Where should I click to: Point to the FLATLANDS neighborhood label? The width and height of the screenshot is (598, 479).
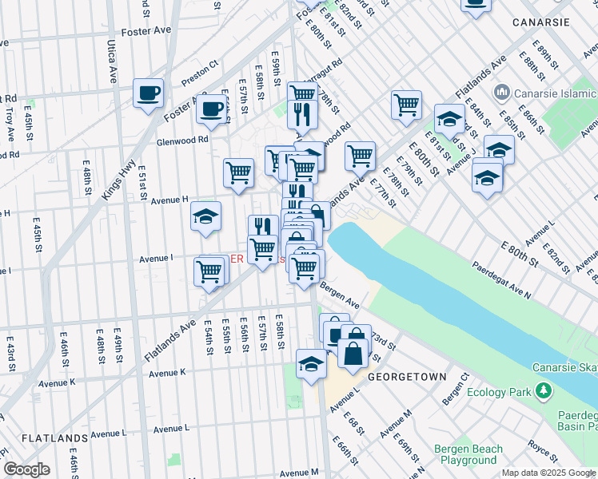tap(54, 438)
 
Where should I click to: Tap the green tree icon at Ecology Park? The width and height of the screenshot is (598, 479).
tap(543, 390)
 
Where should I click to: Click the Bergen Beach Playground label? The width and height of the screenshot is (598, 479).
tap(468, 454)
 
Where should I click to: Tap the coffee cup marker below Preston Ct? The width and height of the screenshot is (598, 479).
tap(212, 109)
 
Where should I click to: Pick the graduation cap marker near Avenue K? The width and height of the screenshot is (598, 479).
tap(311, 364)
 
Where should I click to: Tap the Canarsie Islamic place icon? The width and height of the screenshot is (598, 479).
tap(502, 92)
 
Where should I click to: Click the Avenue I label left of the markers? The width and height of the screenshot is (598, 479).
tap(156, 259)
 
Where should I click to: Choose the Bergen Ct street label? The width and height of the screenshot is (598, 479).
tap(452, 386)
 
